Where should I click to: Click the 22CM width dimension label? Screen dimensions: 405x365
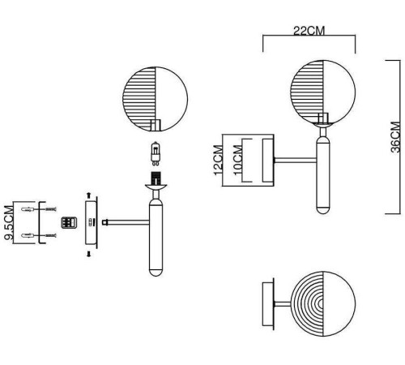(309, 31)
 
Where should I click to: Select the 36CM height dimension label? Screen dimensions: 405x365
(395, 137)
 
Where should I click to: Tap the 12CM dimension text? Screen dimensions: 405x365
(219, 160)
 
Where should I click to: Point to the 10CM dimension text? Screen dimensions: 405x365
(237, 160)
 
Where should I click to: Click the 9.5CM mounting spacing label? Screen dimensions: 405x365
(8, 223)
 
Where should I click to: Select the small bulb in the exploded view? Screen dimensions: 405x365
(156, 153)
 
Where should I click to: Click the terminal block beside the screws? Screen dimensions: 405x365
(69, 223)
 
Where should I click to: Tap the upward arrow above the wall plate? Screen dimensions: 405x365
(88, 195)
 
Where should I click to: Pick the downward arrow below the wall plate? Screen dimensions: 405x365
(88, 254)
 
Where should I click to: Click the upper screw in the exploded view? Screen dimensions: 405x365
(51, 209)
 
